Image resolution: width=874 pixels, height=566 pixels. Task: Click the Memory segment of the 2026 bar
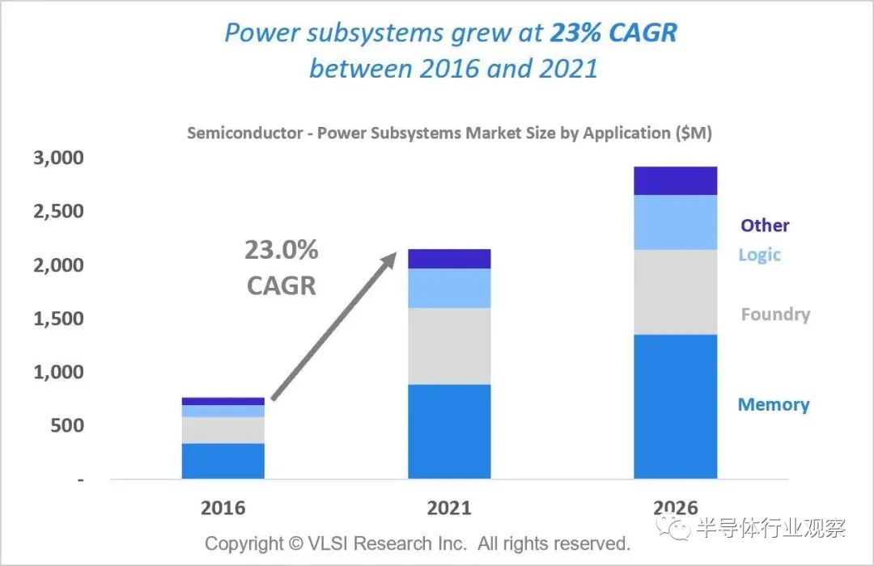tap(676, 406)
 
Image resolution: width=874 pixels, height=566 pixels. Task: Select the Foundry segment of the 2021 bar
tap(449, 346)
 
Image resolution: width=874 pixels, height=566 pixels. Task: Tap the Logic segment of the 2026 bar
tap(676, 222)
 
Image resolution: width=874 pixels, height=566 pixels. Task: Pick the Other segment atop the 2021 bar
tap(449, 259)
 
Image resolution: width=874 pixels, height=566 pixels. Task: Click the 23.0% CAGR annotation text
tap(282, 268)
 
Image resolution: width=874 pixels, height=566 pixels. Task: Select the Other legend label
tap(764, 226)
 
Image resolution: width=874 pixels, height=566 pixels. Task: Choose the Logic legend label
tap(759, 255)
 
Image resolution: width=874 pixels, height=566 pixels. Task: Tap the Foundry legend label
tap(774, 315)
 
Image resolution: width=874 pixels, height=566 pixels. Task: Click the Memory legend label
tap(773, 404)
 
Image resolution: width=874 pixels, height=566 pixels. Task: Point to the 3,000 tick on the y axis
tap(58, 158)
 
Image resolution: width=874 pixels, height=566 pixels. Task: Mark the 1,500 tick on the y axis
tap(58, 319)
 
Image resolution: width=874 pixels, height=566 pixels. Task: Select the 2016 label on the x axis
tap(223, 508)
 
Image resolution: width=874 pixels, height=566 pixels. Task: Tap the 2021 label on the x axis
tap(449, 508)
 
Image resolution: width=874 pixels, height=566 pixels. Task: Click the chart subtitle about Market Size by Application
tap(449, 133)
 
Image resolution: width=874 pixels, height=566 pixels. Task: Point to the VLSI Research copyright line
tap(417, 543)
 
